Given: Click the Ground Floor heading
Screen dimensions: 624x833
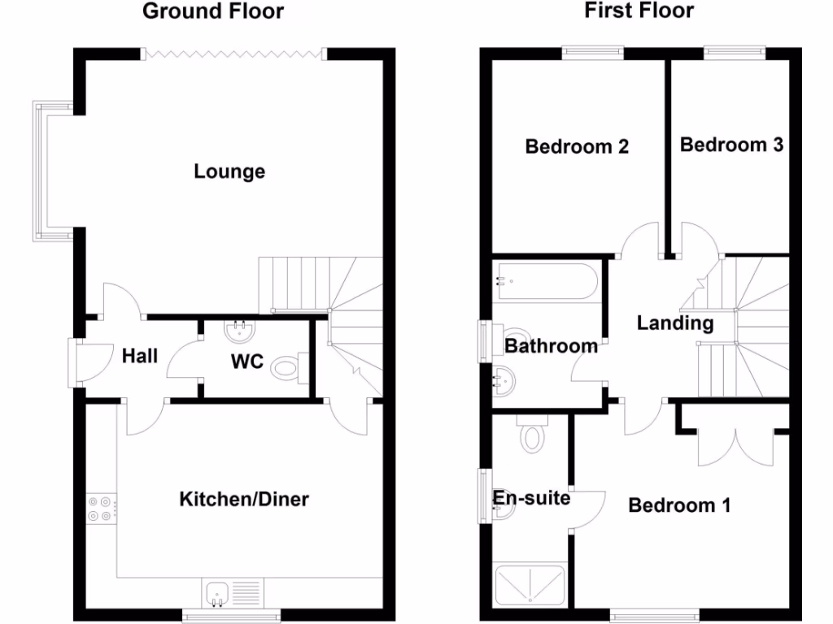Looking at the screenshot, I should tap(213, 11).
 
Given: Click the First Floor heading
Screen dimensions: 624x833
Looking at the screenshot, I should tap(639, 11).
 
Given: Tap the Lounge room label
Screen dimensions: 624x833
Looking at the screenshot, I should tap(229, 171).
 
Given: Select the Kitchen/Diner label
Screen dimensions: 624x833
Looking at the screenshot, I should tap(244, 498).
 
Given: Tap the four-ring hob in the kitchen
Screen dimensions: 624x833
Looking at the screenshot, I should tap(100, 509).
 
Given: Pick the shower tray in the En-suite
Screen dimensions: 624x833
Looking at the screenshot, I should tap(530, 586).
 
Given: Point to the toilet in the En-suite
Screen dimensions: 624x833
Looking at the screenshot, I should tap(533, 435).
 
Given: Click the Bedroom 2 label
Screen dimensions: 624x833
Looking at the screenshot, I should tap(577, 147).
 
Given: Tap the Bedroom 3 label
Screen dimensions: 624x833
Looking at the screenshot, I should tap(731, 145).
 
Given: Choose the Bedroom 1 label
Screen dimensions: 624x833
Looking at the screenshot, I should tap(679, 505).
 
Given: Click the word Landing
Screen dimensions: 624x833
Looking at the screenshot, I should tap(674, 323).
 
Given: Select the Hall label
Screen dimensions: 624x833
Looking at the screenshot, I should tap(140, 355).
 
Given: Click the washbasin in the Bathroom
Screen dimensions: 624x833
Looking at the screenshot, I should tap(506, 379).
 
